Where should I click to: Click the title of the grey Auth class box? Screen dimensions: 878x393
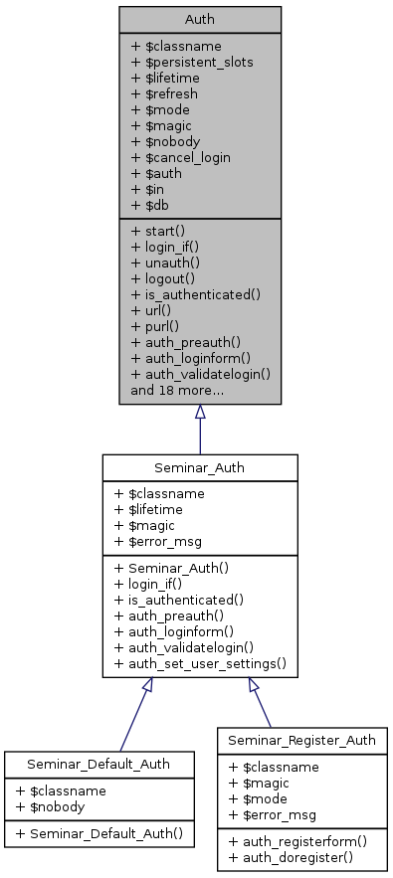(200, 20)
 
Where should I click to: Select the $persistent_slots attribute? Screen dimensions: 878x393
(191, 62)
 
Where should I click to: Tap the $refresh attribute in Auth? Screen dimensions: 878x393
(165, 93)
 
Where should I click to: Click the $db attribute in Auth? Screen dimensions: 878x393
(151, 205)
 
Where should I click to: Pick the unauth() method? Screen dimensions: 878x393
(165, 262)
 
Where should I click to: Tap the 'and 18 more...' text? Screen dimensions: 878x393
(176, 389)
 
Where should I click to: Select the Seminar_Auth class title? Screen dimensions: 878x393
(200, 467)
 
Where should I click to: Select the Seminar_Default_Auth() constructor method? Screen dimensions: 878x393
(99, 829)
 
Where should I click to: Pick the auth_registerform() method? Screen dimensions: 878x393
(297, 840)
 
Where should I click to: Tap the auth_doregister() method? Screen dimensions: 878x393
(292, 856)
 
